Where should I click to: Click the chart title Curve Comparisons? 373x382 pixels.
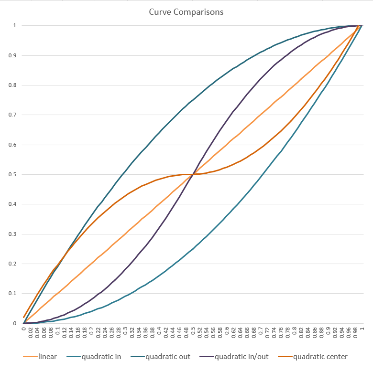pos(186,12)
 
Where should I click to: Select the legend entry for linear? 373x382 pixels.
pos(48,357)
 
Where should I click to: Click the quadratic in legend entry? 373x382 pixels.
pos(101,357)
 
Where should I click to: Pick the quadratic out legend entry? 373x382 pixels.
pos(167,357)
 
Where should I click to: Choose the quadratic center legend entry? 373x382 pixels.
pos(320,357)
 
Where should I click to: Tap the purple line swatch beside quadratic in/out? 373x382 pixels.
pos(206,357)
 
